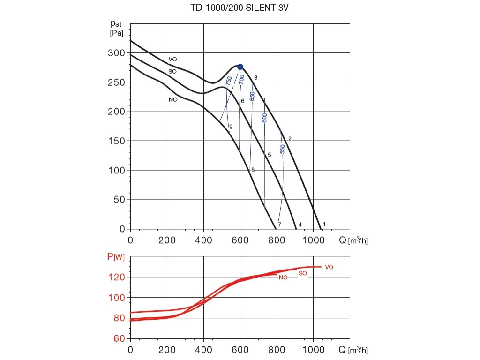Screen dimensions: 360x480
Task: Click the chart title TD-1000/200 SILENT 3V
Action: click(240, 8)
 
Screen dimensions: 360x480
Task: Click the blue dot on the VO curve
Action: click(240, 67)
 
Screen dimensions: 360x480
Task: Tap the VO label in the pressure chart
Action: click(172, 60)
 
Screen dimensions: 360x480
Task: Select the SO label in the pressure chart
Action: click(172, 72)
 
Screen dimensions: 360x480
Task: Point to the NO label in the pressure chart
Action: click(173, 100)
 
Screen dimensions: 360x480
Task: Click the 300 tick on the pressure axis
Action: click(116, 53)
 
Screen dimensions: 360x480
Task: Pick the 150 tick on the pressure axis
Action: click(116, 141)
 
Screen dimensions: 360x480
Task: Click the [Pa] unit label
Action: click(116, 33)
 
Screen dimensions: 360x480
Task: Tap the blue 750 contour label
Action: click(229, 81)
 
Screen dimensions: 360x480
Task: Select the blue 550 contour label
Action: click(282, 149)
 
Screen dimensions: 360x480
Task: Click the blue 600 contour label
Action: click(265, 118)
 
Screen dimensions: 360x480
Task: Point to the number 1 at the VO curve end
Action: click(324, 225)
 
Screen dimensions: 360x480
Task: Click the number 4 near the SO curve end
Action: click(300, 225)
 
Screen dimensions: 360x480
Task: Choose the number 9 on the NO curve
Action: click(231, 127)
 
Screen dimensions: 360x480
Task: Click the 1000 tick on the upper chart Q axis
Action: click(313, 240)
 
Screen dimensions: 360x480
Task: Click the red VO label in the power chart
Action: click(329, 267)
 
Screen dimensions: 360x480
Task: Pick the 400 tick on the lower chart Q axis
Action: click(203, 350)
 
